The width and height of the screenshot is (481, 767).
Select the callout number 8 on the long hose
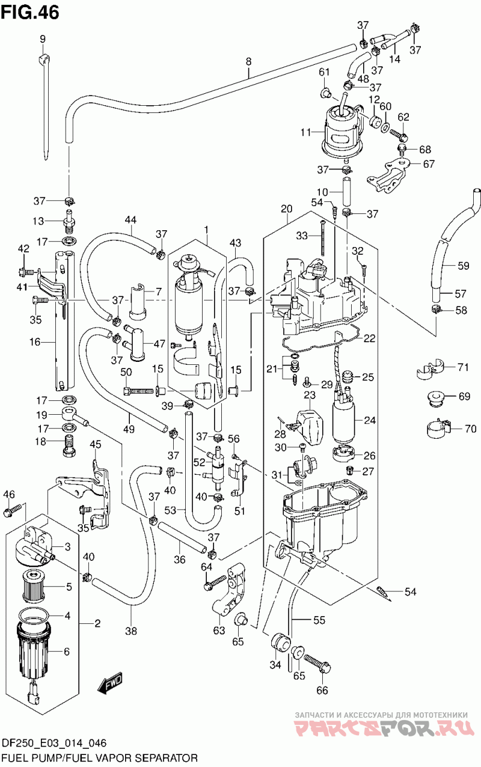pyautogui.click(x=249, y=62)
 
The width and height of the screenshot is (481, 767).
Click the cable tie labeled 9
pyautogui.click(x=45, y=106)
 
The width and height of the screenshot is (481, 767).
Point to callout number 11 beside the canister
pyautogui.click(x=305, y=132)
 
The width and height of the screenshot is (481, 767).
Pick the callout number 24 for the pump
pyautogui.click(x=370, y=420)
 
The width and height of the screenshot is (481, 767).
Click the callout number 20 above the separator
pyautogui.click(x=286, y=209)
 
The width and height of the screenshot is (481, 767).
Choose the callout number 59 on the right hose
pyautogui.click(x=464, y=265)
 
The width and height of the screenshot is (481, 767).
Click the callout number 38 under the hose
pyautogui.click(x=131, y=631)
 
